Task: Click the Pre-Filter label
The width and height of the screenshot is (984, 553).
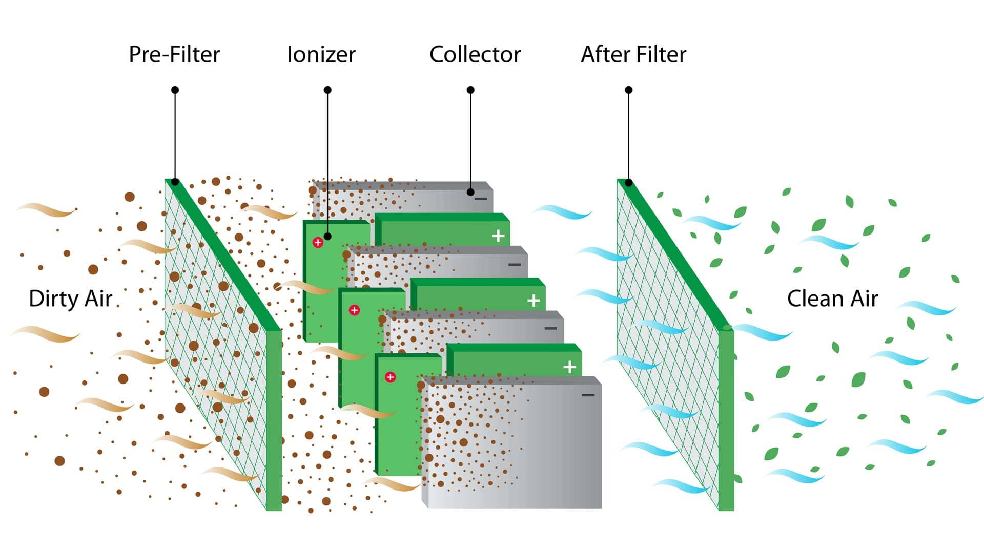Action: point(174,54)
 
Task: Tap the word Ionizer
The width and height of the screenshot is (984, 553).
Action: point(321,54)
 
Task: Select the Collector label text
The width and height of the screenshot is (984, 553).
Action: point(475,54)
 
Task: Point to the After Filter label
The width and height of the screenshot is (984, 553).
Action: point(633,54)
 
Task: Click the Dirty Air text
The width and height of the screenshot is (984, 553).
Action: point(71,299)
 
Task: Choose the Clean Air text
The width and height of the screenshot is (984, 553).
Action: point(832,299)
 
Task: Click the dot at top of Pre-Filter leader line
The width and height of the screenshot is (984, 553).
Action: point(175,90)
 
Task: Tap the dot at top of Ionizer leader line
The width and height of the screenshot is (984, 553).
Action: point(327,90)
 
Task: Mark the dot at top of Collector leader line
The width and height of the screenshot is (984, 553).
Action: point(470,90)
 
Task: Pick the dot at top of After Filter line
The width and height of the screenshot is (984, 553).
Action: point(629,90)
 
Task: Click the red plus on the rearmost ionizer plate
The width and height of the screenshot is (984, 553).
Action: point(318,242)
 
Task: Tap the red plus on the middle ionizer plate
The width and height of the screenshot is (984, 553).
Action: point(354,310)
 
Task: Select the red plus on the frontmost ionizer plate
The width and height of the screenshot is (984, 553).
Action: point(391,377)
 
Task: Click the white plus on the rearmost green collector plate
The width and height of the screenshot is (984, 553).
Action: point(498,236)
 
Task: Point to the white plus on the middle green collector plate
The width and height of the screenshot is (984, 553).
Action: point(534,301)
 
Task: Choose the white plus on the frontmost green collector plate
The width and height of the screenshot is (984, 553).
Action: point(569,367)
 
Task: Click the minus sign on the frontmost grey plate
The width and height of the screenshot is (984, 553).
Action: point(588,395)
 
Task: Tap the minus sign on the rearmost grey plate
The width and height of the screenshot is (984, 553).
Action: point(481,199)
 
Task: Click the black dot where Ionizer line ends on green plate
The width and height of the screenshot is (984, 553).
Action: point(327,237)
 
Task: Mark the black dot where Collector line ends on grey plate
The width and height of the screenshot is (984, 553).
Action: point(470,193)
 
